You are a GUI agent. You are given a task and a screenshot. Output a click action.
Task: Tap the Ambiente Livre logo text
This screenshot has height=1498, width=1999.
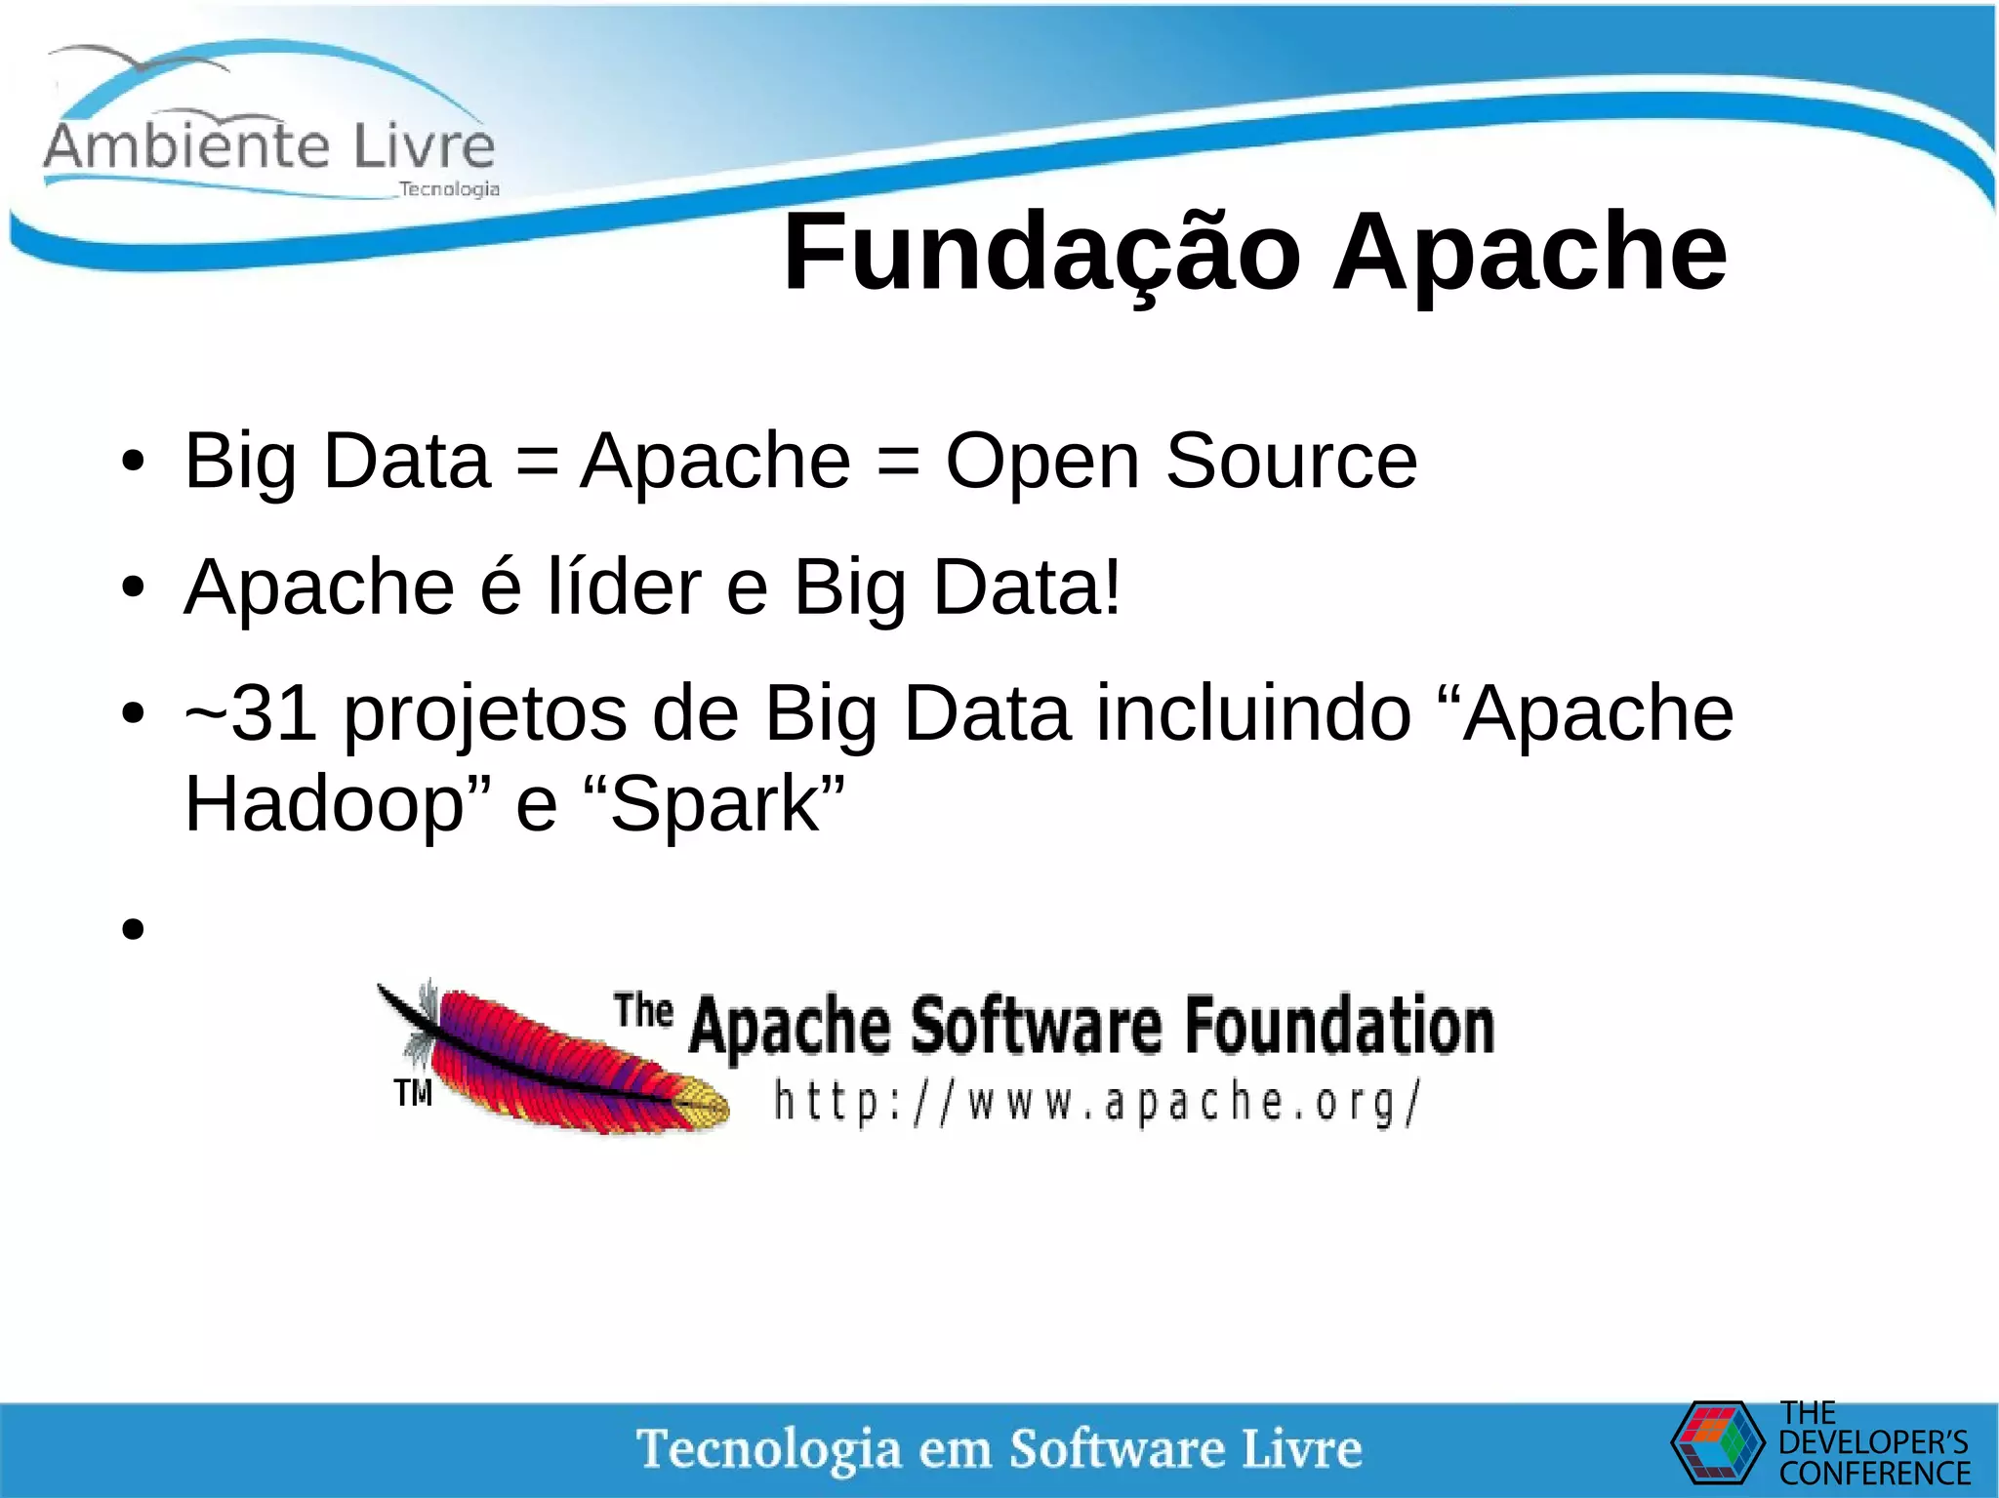[x=269, y=146]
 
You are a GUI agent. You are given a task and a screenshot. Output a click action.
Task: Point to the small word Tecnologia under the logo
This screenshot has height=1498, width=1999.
[x=449, y=188]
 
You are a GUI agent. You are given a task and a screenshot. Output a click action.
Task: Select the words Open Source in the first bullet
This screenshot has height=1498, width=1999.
[x=1181, y=461]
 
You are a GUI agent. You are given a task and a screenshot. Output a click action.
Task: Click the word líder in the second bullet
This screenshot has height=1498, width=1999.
[x=624, y=587]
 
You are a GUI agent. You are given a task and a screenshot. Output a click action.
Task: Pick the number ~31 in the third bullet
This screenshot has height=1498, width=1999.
[x=250, y=713]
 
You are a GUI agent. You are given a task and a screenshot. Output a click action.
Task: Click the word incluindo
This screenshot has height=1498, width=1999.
[x=1253, y=713]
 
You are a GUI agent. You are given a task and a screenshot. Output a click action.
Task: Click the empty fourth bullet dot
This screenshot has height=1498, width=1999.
[x=134, y=928]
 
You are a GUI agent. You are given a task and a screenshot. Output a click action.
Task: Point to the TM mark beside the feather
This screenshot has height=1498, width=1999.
[x=413, y=1092]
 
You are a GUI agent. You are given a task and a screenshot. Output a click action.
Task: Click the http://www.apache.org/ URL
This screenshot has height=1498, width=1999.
[x=1097, y=1103]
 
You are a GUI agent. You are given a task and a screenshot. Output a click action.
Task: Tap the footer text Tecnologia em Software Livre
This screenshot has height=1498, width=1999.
[x=999, y=1448]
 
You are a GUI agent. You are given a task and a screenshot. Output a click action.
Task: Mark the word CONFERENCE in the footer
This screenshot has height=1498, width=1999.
[x=1874, y=1473]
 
